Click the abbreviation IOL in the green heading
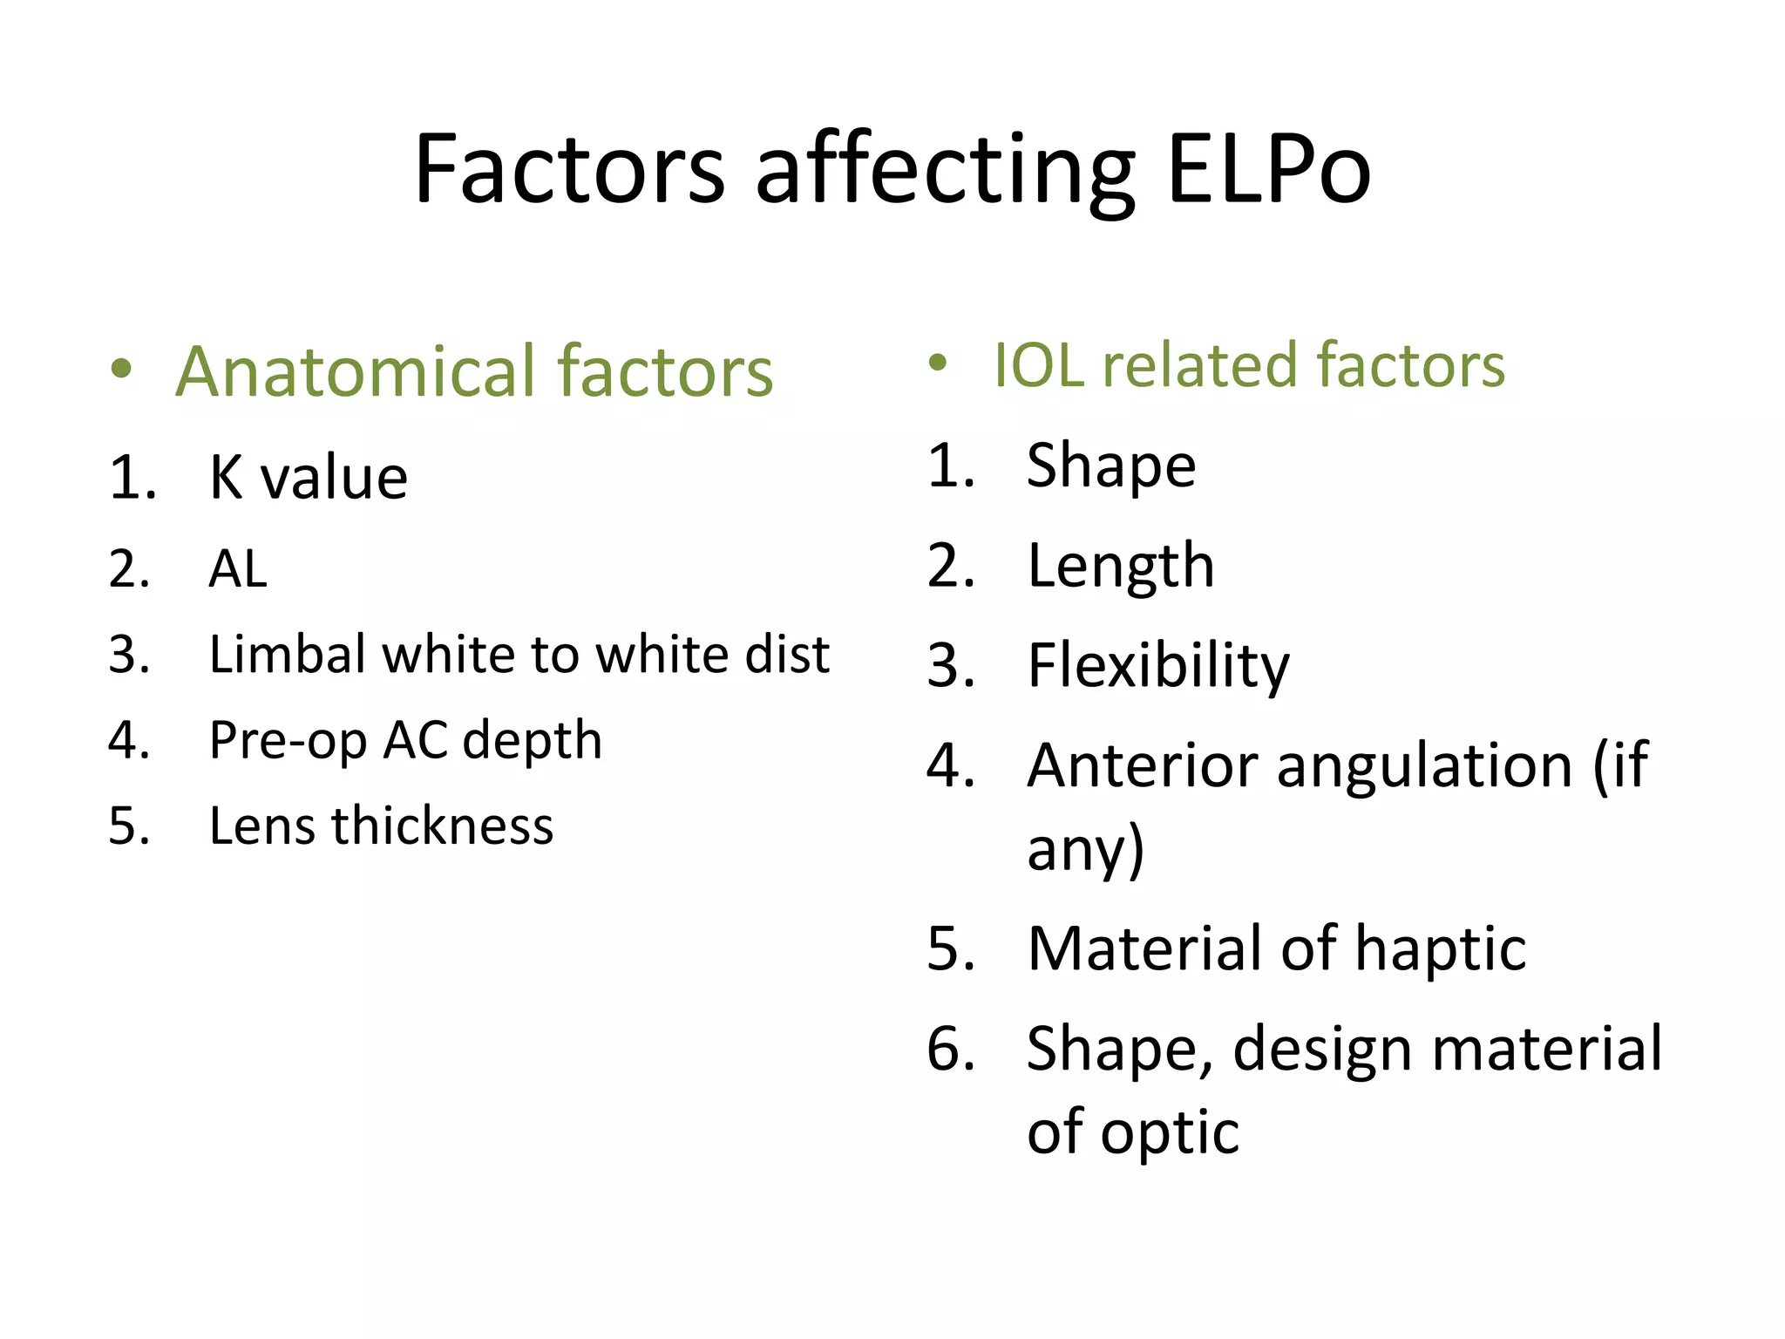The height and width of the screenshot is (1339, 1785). click(x=1038, y=365)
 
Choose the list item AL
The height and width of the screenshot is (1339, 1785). click(x=237, y=569)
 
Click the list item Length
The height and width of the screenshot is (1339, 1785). click(x=1120, y=566)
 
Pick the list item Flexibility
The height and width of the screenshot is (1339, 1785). click(x=1157, y=666)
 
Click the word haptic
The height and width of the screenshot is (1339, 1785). click(x=1440, y=948)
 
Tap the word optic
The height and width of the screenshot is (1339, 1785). click(x=1170, y=1132)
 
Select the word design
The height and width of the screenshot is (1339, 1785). click(x=1322, y=1050)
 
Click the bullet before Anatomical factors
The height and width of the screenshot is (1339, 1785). click(x=122, y=369)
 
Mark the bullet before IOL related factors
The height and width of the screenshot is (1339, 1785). click(x=937, y=363)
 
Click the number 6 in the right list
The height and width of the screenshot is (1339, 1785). click(x=947, y=1049)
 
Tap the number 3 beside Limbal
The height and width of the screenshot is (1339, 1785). click(x=127, y=655)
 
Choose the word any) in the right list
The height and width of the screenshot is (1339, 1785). click(x=1085, y=849)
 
